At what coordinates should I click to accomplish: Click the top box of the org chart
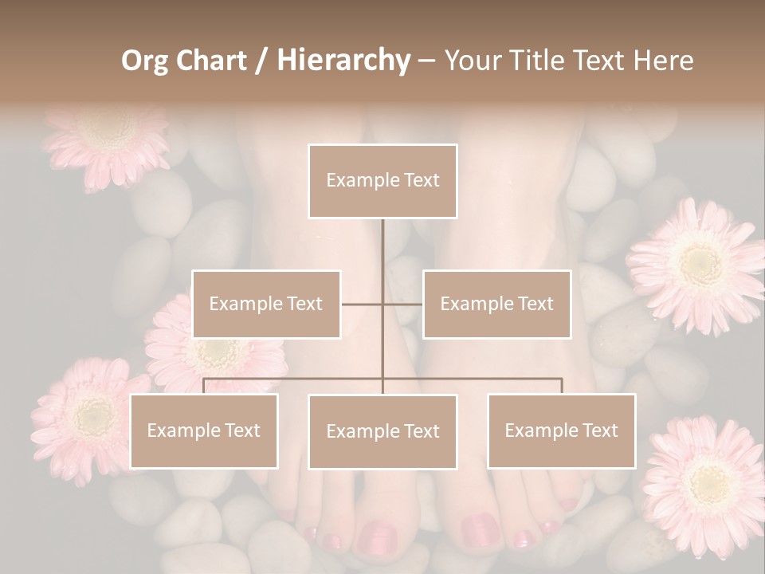(x=382, y=181)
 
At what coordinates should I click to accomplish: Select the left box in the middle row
(x=266, y=304)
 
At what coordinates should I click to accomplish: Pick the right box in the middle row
(x=496, y=304)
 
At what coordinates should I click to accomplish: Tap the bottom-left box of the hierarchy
(x=204, y=431)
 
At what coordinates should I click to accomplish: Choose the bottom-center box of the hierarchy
(x=382, y=431)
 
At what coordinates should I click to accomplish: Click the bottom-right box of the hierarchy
(x=561, y=431)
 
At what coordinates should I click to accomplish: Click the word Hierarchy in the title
(x=343, y=61)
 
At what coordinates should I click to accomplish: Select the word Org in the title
(x=144, y=61)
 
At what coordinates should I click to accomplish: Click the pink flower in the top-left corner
(x=108, y=140)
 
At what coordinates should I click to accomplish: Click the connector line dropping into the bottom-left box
(x=204, y=386)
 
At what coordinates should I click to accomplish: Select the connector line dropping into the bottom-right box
(x=561, y=386)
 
